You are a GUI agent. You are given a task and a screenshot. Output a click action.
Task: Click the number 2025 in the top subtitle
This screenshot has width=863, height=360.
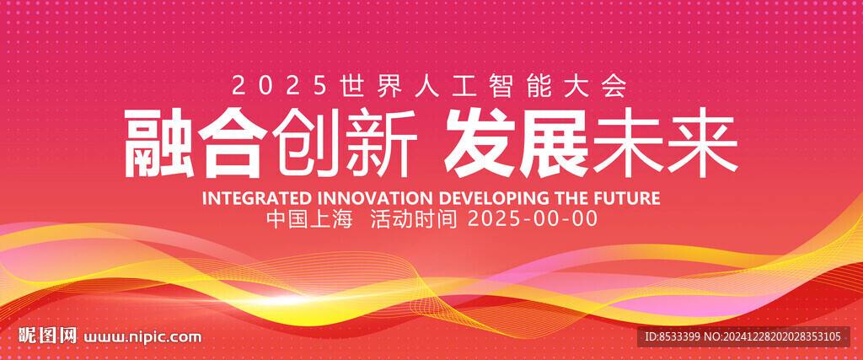pos(279,87)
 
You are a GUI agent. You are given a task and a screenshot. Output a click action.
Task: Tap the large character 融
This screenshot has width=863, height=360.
pos(159,143)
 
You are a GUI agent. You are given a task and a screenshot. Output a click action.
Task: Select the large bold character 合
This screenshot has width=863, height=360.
pos(233,143)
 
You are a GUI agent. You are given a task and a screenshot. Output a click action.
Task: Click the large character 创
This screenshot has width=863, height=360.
pos(307,143)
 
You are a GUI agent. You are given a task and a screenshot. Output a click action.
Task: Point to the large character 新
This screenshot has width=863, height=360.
pos(380,143)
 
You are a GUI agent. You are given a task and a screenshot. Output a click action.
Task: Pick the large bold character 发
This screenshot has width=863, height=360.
pos(480,143)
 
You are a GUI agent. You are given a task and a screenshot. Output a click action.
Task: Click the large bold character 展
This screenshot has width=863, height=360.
pos(554,143)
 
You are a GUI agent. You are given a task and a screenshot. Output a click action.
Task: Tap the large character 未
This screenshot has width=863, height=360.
pos(627,143)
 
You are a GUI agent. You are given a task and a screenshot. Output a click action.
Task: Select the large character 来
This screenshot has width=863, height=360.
pos(702,143)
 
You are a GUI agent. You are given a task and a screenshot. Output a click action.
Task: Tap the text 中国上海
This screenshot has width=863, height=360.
pos(309,220)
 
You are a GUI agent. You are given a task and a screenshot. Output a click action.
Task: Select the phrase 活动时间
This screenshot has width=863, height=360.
pos(414,220)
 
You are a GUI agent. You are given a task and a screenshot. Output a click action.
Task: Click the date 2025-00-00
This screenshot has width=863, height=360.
pos(533,220)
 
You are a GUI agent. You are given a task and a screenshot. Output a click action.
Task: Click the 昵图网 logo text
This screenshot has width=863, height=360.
pos(47,336)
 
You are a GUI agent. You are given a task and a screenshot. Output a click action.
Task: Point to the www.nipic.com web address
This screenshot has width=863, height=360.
pos(142,336)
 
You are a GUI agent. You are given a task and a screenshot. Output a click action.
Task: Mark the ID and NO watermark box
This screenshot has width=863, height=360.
pos(743,336)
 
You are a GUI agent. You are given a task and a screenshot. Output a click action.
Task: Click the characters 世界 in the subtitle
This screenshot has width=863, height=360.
pos(358,87)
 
